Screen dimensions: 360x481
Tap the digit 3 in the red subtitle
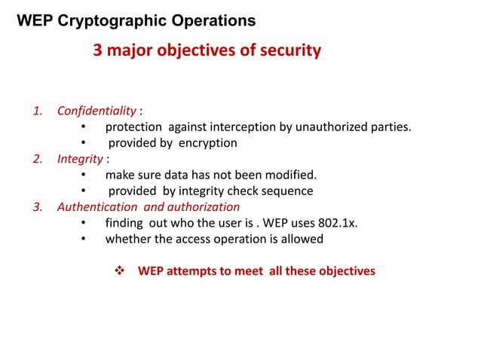coord(97,51)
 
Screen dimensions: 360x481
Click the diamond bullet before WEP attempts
coord(118,270)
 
